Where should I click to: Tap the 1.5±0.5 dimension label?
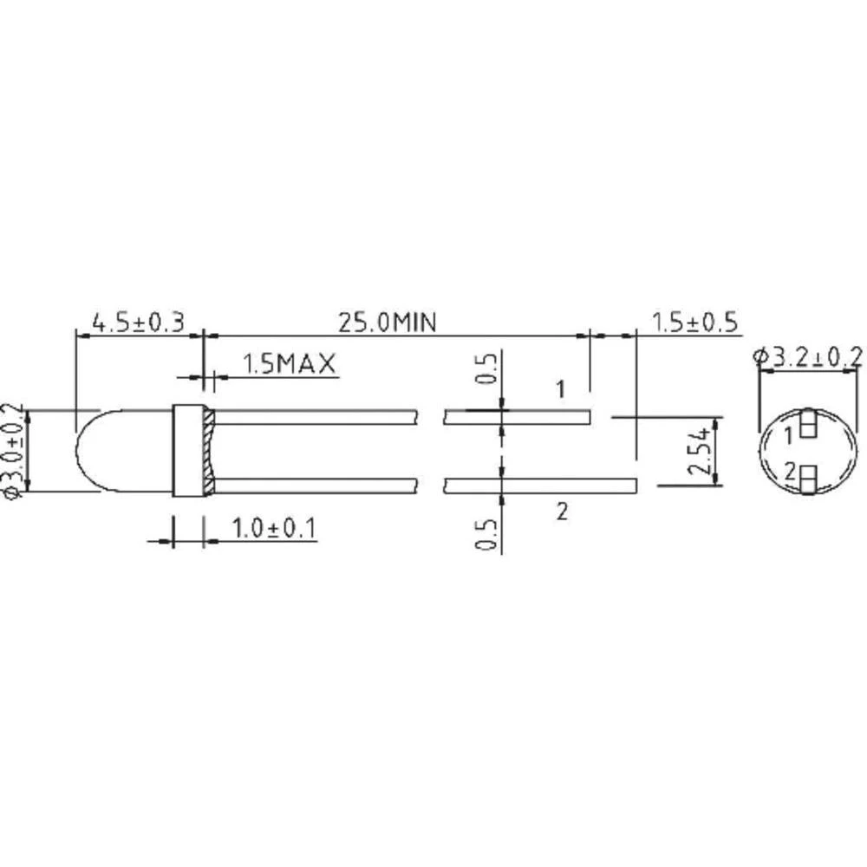[695, 323]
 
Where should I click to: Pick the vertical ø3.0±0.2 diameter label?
[12, 451]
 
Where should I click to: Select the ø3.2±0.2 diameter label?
[808, 355]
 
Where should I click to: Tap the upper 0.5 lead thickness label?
[487, 368]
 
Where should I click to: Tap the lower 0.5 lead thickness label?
[487, 533]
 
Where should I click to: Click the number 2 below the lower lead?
[561, 512]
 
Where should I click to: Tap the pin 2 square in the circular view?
[807, 476]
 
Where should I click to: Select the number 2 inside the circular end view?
[789, 473]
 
